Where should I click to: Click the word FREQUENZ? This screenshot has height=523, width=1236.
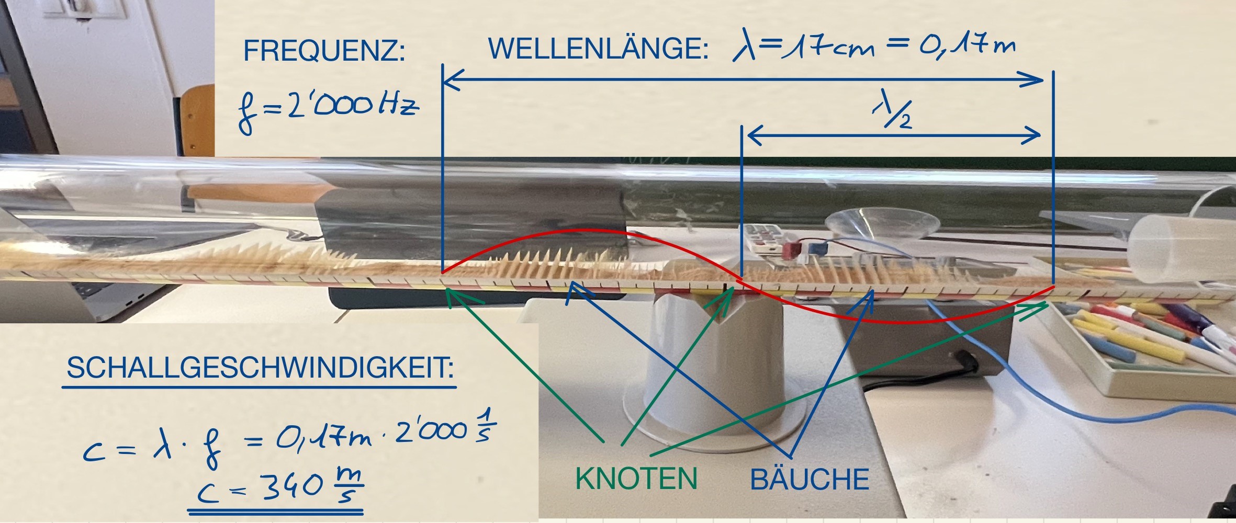[x=324, y=51]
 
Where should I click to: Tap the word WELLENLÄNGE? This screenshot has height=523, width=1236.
[x=598, y=49]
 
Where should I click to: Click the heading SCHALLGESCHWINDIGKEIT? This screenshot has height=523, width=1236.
[x=260, y=368]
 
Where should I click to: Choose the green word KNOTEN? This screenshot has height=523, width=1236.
[x=636, y=479]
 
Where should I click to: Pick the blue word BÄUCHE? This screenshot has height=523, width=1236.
[x=809, y=479]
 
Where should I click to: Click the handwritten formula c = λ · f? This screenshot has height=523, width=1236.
[x=152, y=450]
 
